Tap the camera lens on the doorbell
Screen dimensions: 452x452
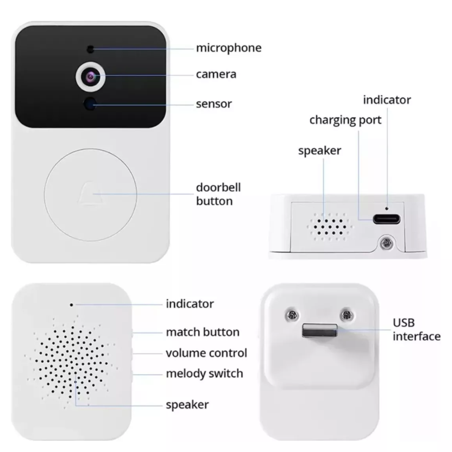point(90,76)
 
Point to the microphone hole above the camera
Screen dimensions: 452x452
point(90,49)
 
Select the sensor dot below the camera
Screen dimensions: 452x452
point(90,104)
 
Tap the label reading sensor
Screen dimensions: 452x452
point(214,104)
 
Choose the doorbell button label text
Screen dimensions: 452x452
point(218,194)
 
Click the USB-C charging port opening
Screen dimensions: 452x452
point(387,219)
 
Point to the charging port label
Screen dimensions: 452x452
point(345,120)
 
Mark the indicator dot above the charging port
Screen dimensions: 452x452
point(387,208)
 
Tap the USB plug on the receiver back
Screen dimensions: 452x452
point(320,330)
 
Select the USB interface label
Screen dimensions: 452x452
point(417,330)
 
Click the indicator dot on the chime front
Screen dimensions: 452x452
point(71,305)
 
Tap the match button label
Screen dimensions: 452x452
point(203,332)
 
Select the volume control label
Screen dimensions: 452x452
point(207,353)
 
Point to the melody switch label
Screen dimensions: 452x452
point(204,374)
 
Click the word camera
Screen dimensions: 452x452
point(216,75)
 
